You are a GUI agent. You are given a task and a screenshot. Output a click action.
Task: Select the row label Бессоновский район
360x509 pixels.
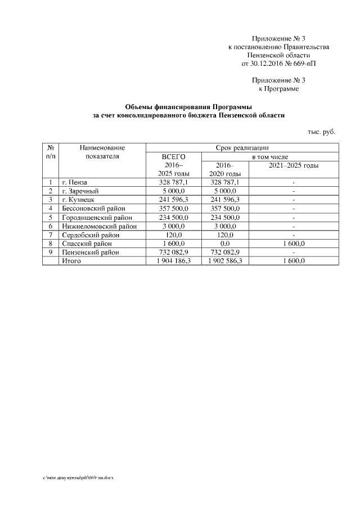93,209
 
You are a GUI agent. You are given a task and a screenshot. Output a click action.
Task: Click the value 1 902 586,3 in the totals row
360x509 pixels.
224,262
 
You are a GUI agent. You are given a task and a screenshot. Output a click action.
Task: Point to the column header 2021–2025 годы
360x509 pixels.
293,165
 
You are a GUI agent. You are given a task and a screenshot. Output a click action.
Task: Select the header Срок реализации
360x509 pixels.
242,147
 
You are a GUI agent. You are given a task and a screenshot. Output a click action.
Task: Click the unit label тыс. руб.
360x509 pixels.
321,131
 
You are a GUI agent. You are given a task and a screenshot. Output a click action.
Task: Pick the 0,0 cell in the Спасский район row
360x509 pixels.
224,244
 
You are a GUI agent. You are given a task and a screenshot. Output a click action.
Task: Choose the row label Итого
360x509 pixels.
71,262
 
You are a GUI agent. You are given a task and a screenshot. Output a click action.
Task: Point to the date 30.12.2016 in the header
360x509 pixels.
268,64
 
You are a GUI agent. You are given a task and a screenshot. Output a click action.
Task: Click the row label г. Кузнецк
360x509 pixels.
78,200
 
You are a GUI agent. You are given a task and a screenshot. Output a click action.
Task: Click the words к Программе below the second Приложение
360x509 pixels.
278,89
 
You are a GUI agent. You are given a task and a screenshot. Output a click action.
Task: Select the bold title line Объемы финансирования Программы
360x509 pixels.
188,107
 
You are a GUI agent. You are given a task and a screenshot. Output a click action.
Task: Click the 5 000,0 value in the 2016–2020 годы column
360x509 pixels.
224,191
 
